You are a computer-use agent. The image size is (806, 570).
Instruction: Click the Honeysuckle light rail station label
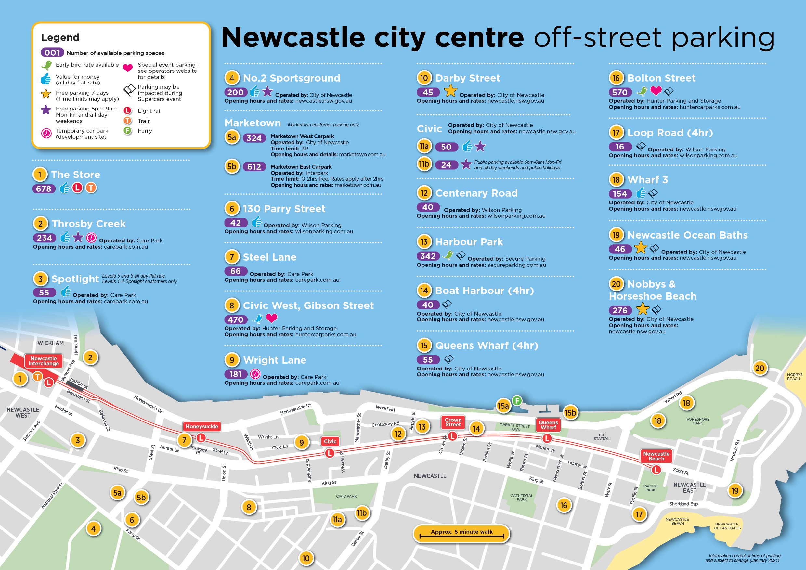coord(201,426)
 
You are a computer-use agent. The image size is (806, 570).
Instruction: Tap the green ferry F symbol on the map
coord(516,400)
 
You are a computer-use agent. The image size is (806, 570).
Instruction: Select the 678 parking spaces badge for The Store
coord(44,189)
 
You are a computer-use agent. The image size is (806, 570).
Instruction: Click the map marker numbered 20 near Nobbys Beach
coord(760,368)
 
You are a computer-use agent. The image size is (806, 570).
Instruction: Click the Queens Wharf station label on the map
coord(548,425)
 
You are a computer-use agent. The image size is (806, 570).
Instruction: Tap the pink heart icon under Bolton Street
coord(656,91)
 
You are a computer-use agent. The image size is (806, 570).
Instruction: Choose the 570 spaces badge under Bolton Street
coord(620,92)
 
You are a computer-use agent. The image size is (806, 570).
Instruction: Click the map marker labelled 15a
coord(503,406)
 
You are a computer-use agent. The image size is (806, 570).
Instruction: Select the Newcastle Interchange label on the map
coord(44,361)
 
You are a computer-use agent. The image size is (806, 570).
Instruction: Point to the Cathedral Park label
coord(522,497)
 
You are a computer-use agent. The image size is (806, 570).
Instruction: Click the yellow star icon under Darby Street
coord(450,91)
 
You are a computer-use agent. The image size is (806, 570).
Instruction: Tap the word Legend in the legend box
coord(60,38)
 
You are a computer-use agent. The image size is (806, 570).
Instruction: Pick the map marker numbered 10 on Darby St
coord(306,558)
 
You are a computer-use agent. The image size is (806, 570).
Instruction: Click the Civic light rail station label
coord(330,441)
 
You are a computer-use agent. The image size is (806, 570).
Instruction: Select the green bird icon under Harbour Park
coord(448,255)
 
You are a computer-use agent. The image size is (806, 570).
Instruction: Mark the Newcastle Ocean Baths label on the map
coord(727,526)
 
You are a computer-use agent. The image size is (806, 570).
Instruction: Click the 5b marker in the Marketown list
coord(232,166)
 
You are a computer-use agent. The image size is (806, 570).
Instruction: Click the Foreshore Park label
coord(698,421)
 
